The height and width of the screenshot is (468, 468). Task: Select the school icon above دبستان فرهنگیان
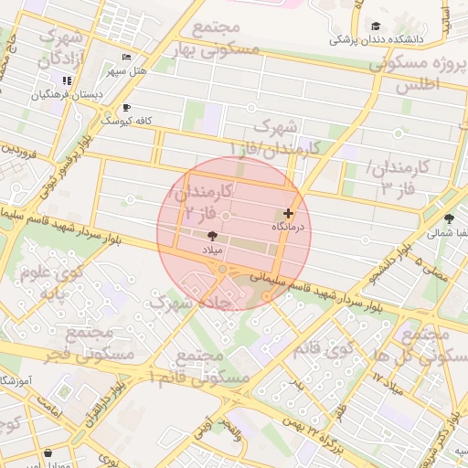click(68, 81)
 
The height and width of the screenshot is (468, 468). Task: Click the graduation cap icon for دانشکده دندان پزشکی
click(376, 27)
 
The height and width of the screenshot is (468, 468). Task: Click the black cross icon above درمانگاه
click(288, 213)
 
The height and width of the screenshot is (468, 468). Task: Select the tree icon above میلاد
click(213, 235)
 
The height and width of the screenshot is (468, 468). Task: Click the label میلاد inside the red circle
click(212, 248)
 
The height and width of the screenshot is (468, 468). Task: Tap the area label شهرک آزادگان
click(61, 49)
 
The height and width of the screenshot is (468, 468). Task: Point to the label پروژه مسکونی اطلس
click(418, 74)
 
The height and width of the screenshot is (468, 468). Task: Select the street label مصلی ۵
click(431, 267)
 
